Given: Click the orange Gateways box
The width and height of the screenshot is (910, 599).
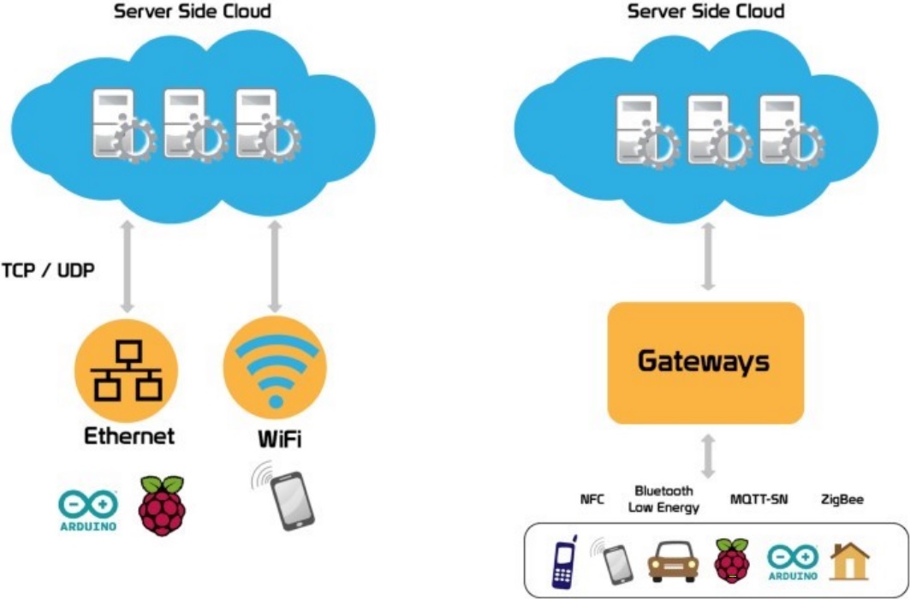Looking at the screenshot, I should point(705,363).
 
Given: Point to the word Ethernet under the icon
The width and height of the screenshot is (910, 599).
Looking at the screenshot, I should point(128,436).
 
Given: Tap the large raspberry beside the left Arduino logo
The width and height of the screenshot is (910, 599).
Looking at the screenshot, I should point(162,505).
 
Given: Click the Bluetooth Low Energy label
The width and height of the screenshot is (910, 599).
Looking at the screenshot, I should point(663,499).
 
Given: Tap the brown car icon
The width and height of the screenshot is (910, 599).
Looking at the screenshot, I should point(672,562).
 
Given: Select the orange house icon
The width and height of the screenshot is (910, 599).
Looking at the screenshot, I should point(848,561).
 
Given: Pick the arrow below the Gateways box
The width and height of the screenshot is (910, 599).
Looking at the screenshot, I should point(708,454).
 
